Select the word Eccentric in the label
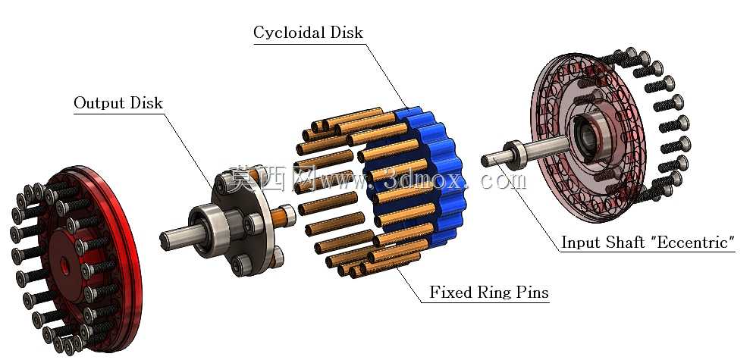pos(692,242)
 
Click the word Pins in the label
pos(531,292)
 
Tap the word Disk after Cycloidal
pos(346,32)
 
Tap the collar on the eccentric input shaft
pos(516,155)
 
